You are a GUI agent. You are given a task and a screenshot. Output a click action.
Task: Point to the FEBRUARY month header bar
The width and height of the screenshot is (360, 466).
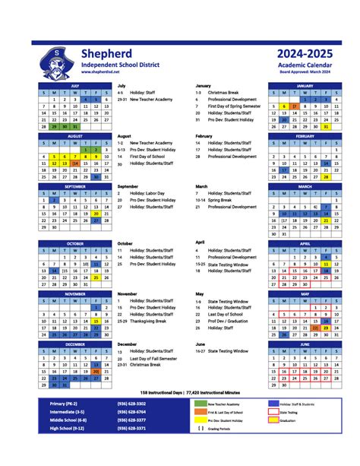pyautogui.click(x=304, y=136)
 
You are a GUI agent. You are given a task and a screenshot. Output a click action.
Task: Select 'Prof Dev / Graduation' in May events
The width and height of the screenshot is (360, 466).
pyautogui.click(x=227, y=321)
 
